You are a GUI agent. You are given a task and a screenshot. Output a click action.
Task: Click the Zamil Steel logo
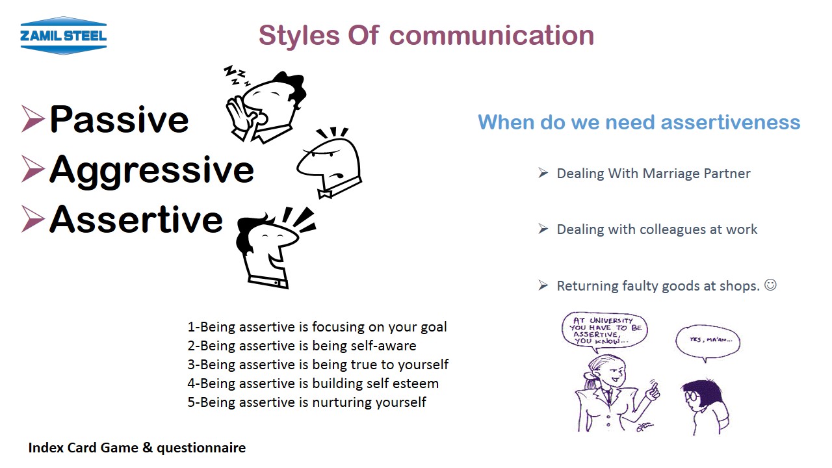click(64, 36)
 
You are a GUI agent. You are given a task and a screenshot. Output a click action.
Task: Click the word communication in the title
click(492, 36)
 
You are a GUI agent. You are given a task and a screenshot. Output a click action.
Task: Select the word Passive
click(119, 119)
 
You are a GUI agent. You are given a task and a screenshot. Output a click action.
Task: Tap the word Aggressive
click(151, 170)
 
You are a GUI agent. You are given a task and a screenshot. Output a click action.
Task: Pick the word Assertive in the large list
click(136, 220)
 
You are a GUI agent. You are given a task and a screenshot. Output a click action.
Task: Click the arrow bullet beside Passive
click(32, 118)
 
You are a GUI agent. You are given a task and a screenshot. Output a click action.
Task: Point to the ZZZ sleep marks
click(236, 75)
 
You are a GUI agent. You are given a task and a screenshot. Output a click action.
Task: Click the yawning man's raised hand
click(240, 114)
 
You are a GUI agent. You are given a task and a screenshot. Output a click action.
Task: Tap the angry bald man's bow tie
click(324, 194)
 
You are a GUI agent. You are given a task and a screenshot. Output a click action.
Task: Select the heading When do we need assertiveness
click(639, 122)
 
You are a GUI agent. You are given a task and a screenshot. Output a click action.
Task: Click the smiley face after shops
click(770, 285)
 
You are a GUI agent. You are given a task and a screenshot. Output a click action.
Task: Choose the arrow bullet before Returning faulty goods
click(543, 285)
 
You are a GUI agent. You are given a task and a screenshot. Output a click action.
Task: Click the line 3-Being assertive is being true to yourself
click(318, 365)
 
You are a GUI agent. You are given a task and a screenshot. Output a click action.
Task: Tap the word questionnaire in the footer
click(201, 448)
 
